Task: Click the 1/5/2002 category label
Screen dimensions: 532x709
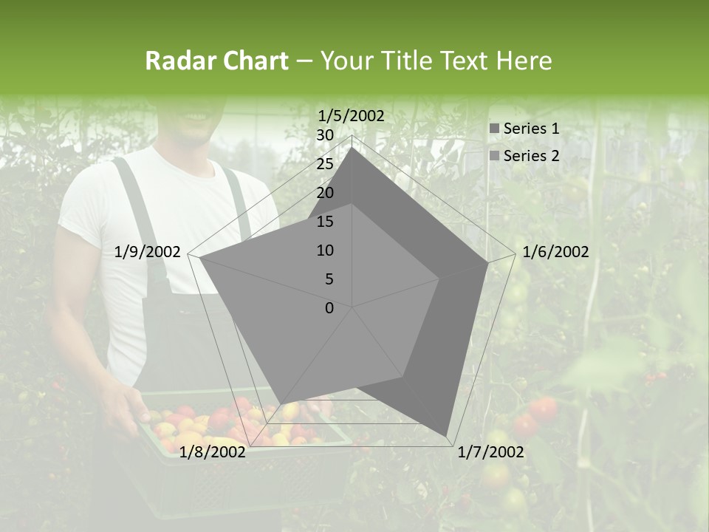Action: click(351, 115)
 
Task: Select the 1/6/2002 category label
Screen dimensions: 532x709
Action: click(555, 252)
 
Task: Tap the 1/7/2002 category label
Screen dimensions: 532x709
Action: click(490, 452)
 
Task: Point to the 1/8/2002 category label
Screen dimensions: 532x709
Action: click(213, 452)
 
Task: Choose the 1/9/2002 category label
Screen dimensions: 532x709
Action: click(148, 252)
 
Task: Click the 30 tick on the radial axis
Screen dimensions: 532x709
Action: click(325, 135)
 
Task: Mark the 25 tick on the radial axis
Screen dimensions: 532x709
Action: click(325, 164)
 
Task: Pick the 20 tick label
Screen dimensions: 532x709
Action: click(325, 193)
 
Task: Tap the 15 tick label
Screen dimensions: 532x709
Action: click(325, 222)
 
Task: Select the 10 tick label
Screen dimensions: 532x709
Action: click(325, 250)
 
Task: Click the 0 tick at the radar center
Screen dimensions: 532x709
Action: click(329, 308)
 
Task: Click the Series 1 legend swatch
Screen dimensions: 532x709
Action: click(494, 129)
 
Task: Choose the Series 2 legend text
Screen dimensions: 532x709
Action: click(531, 156)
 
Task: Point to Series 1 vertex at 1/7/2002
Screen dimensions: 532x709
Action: click(447, 435)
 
